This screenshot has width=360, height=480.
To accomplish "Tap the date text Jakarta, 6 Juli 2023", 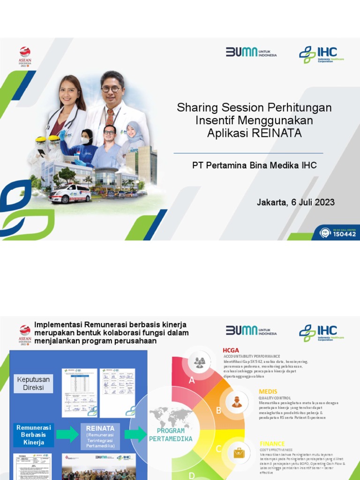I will pyautogui.click(x=295, y=202).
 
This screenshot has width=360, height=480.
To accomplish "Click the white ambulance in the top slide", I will pyautogui.click(x=70, y=193).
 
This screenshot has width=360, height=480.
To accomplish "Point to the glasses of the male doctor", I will pyautogui.click(x=111, y=89).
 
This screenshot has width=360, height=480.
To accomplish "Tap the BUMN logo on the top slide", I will pyautogui.click(x=251, y=52).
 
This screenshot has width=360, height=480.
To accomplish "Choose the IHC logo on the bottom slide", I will pyautogui.click(x=319, y=332).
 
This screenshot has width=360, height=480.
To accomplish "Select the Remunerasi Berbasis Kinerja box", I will pyautogui.click(x=34, y=435).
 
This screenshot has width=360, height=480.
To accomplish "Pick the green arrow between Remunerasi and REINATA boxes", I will pyautogui.click(x=67, y=435).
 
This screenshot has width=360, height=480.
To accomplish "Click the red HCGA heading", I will pyautogui.click(x=231, y=350).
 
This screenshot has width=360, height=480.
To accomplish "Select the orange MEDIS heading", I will pyautogui.click(x=268, y=391).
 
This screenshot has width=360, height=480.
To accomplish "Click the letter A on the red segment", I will pyautogui.click(x=192, y=381).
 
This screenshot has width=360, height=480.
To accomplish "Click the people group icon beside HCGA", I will pyautogui.click(x=200, y=362).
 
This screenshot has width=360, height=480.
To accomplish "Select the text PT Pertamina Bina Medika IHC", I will pyautogui.click(x=255, y=165).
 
